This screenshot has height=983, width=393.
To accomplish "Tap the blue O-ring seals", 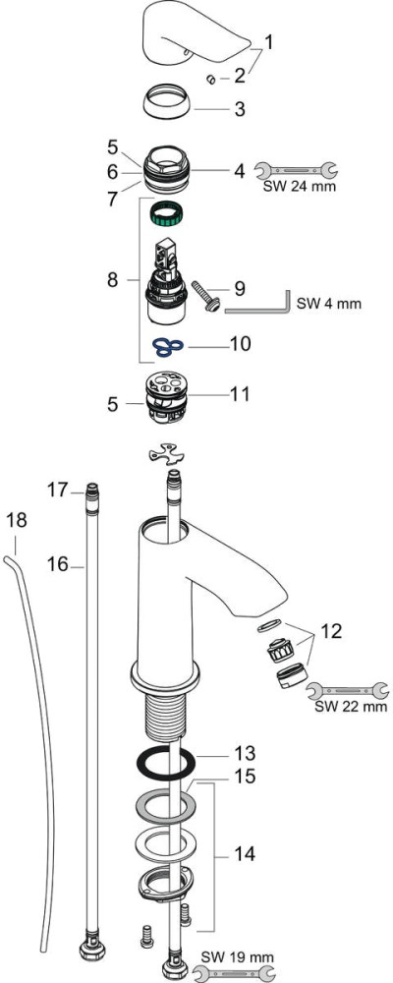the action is (x=167, y=347).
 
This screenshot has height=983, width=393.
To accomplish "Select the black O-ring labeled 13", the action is (x=166, y=764).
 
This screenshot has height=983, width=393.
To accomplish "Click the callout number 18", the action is (x=17, y=520).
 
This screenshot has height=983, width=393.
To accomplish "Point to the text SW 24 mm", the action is (x=299, y=186).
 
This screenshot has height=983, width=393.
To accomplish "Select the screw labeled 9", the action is (x=207, y=295).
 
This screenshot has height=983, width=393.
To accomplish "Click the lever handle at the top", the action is (x=198, y=32).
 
